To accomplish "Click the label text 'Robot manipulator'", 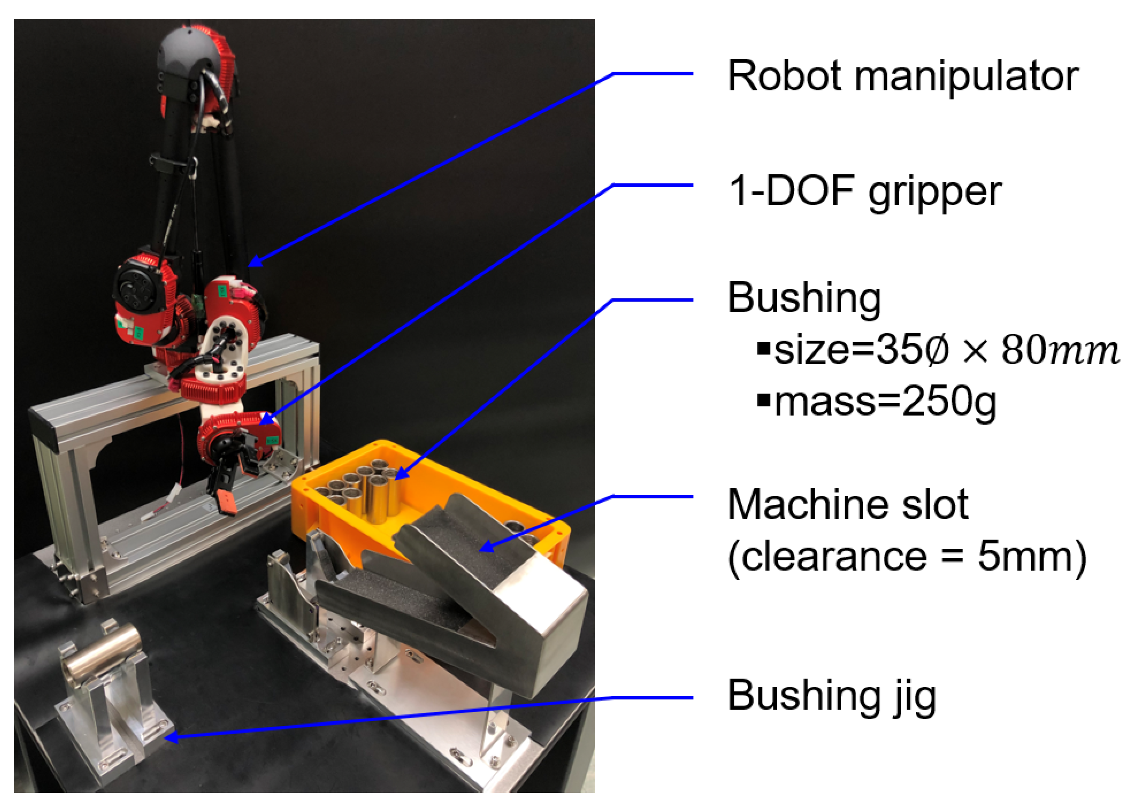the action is tap(902, 77).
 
